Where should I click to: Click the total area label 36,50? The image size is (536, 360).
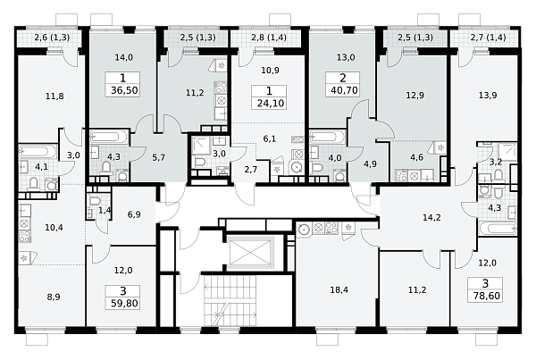pyautogui.click(x=124, y=90)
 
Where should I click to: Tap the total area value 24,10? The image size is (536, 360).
pyautogui.click(x=271, y=104)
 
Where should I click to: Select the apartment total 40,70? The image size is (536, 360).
pyautogui.click(x=344, y=90)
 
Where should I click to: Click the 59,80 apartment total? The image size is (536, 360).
pyautogui.click(x=124, y=303)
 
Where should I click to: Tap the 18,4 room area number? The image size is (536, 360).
pyautogui.click(x=339, y=290)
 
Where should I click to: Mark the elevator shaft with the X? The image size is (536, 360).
pyautogui.click(x=251, y=252)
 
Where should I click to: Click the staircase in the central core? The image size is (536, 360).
pyautogui.click(x=230, y=300)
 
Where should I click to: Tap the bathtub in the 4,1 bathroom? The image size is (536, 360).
pyautogui.click(x=38, y=152)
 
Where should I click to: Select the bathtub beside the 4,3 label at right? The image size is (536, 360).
pyautogui.click(x=497, y=229)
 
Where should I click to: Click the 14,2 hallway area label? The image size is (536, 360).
pyautogui.click(x=431, y=217)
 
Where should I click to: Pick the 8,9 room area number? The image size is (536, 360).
pyautogui.click(x=54, y=297)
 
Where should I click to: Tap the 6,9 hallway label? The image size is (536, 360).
pyautogui.click(x=134, y=214)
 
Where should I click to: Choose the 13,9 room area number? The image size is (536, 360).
pyautogui.click(x=488, y=96)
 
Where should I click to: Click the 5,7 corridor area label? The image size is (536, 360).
pyautogui.click(x=159, y=158)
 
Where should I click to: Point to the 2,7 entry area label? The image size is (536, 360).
pyautogui.click(x=251, y=169)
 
